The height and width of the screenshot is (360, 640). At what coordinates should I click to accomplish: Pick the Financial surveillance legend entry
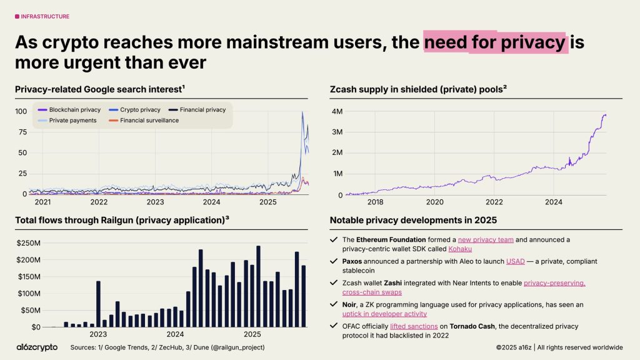click(149, 120)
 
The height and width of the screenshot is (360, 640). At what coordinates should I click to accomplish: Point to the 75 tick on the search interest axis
click(22, 132)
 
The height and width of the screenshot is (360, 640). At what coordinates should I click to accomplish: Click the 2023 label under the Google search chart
click(155, 202)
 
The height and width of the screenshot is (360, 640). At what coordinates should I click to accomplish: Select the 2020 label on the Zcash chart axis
click(434, 202)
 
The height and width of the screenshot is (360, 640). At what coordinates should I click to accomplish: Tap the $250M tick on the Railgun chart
click(28, 243)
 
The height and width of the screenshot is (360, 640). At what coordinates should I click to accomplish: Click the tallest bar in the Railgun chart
click(258, 286)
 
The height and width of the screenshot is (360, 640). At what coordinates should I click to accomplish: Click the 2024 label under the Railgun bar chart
click(175, 334)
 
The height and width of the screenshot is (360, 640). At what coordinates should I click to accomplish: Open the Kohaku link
click(460, 249)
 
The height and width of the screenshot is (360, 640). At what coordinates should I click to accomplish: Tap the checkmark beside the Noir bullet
click(333, 304)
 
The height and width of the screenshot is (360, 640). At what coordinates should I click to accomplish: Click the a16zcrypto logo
click(36, 347)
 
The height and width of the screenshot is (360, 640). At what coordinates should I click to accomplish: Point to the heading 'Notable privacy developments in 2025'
click(413, 220)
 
